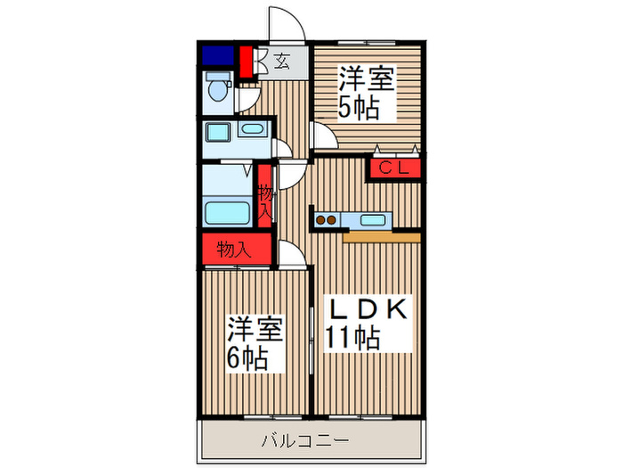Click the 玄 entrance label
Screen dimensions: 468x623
[281, 62]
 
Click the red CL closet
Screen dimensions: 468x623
[392, 168]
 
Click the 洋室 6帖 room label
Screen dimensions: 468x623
[255, 344]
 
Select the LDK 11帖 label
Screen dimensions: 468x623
[364, 324]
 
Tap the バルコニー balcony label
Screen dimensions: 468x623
[305, 440]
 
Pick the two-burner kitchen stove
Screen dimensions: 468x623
[325, 219]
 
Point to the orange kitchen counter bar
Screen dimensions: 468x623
[380, 237]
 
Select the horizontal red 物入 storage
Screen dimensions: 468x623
[235, 249]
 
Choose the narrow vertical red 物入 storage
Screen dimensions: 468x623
[265, 199]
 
